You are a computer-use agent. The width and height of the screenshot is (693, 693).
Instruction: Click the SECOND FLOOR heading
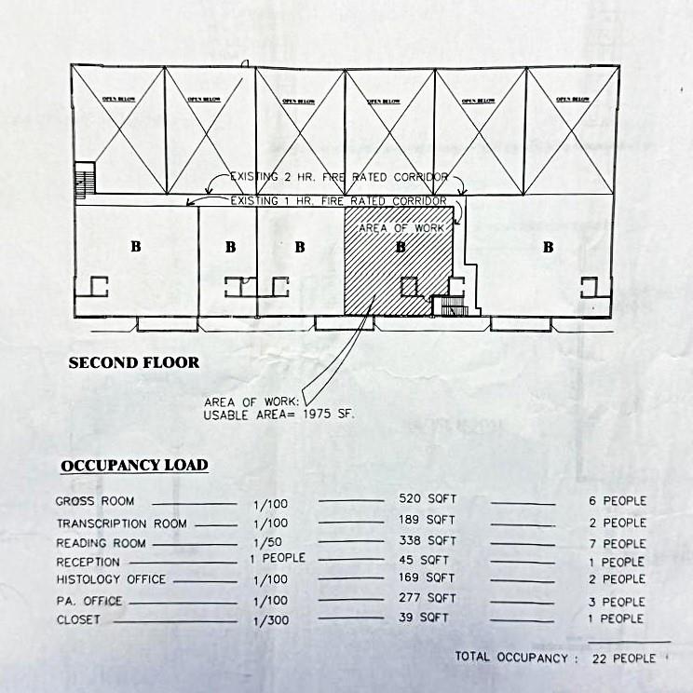(134, 362)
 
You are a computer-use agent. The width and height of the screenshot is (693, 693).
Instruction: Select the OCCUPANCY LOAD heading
(134, 465)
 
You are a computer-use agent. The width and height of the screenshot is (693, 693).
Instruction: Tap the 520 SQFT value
(428, 500)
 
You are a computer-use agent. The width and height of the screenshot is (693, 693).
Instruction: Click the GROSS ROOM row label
(95, 501)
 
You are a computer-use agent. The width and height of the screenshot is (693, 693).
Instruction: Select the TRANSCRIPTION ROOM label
(121, 523)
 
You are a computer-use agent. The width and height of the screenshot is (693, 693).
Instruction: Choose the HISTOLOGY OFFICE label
(111, 579)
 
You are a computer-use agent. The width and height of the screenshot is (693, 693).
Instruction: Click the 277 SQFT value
(428, 598)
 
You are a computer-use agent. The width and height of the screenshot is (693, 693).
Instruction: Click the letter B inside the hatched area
(401, 247)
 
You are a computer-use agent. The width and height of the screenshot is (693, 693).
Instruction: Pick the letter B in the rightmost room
(548, 247)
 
